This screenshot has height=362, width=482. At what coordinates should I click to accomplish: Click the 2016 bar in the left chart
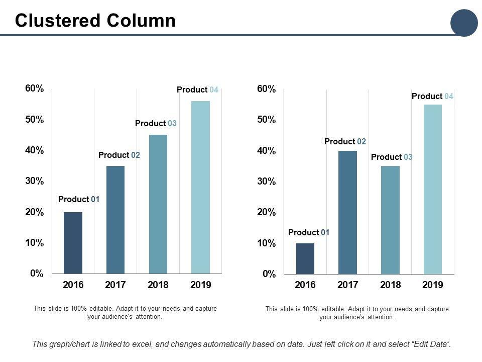(73, 243)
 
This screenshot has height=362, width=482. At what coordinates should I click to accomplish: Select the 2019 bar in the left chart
(200, 187)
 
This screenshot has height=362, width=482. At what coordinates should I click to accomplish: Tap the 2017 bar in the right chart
(347, 212)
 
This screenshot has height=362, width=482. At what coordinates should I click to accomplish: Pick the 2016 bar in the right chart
(305, 258)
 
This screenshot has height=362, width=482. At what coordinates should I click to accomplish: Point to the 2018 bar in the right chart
(390, 220)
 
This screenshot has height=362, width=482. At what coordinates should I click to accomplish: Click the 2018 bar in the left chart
(158, 204)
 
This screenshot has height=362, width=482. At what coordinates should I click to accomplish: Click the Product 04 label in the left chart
(197, 90)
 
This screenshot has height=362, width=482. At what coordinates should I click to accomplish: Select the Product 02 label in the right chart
(345, 142)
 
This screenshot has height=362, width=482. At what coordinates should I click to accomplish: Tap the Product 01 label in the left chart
(79, 200)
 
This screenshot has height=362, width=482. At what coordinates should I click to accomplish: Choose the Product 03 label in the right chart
(392, 157)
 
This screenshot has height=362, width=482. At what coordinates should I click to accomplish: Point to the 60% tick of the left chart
(34, 89)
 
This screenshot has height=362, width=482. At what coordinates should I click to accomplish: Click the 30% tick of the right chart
(266, 182)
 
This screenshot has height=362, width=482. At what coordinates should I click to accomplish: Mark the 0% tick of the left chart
(37, 274)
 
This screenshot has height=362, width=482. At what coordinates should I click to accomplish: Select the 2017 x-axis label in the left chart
(115, 285)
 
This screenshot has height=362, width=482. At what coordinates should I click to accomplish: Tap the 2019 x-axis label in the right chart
(433, 285)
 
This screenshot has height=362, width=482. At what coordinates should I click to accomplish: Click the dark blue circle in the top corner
(463, 23)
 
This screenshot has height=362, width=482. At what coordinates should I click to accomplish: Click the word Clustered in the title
(58, 21)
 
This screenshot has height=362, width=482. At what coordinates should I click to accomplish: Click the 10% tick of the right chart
(266, 243)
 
